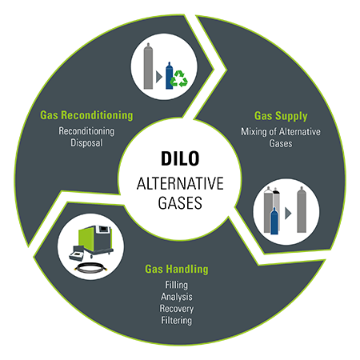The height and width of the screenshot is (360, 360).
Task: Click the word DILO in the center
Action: pyautogui.click(x=180, y=158)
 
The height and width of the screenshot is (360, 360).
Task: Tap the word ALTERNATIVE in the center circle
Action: pyautogui.click(x=180, y=183)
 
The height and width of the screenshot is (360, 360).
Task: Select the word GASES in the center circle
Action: pyautogui.click(x=180, y=203)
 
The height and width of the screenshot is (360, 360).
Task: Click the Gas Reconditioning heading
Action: pyautogui.click(x=86, y=115)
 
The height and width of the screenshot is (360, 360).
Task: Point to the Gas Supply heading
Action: pyautogui.click(x=281, y=116)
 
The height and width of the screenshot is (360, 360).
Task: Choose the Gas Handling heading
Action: pyautogui.click(x=177, y=269)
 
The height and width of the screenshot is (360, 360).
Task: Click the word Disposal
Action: pyautogui.click(x=86, y=142)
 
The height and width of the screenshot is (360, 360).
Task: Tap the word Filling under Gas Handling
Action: pyautogui.click(x=176, y=285)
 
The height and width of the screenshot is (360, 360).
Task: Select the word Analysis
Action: pyautogui.click(x=177, y=297)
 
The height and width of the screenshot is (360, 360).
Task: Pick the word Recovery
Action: pyautogui.click(x=177, y=309)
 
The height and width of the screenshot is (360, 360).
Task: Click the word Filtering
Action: pyautogui.click(x=176, y=320)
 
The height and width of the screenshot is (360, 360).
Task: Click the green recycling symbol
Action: pyautogui.click(x=179, y=78)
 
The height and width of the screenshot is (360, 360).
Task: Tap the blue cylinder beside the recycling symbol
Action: pyautogui.click(x=169, y=76)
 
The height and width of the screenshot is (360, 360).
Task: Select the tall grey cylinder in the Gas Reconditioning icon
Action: pyautogui.click(x=148, y=66)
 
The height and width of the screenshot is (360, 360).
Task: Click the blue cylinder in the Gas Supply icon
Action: pyautogui.click(x=274, y=221)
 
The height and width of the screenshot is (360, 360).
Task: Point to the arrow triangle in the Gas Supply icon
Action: pyautogui.click(x=288, y=214)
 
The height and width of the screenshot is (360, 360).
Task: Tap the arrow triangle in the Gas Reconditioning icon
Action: pyautogui.click(x=159, y=77)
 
